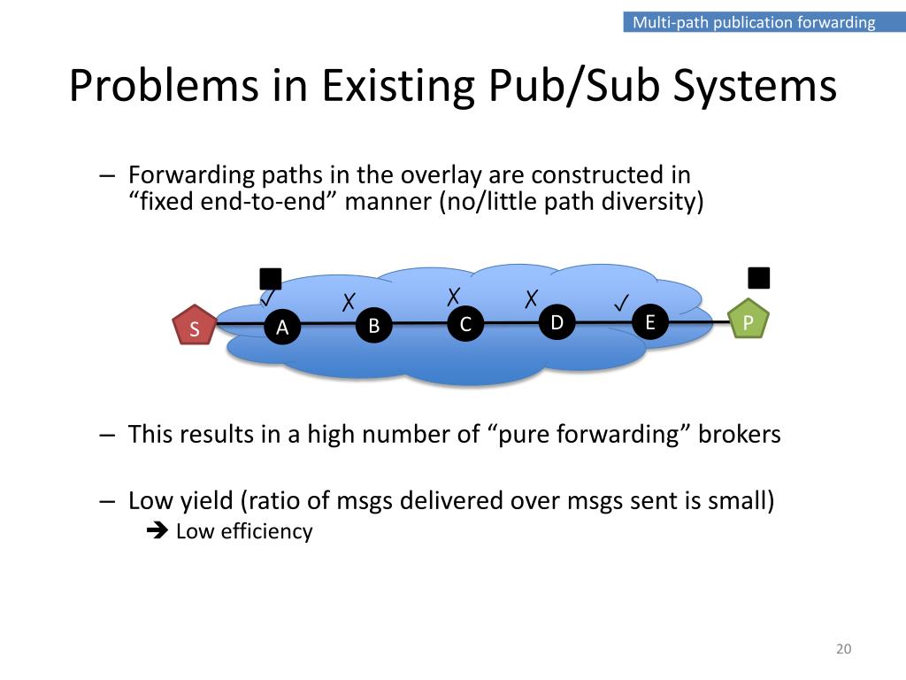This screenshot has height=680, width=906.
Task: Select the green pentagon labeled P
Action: pos(748,321)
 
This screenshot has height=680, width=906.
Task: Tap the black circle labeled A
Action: pos(282,327)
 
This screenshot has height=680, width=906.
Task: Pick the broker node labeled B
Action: pos(373,326)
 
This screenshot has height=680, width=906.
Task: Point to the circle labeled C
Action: pos(465,324)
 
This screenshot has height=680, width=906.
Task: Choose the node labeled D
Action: pos(557,322)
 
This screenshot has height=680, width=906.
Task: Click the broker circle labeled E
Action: pos(649,321)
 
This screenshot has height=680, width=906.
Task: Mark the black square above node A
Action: pos(271,279)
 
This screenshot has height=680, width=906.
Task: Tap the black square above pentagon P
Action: pos(759,277)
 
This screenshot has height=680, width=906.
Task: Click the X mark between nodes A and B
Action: pos(349,301)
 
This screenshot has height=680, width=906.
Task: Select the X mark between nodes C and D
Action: pos(531,297)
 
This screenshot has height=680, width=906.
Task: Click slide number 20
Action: pos(842,650)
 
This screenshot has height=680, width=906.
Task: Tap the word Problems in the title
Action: pos(184,87)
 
